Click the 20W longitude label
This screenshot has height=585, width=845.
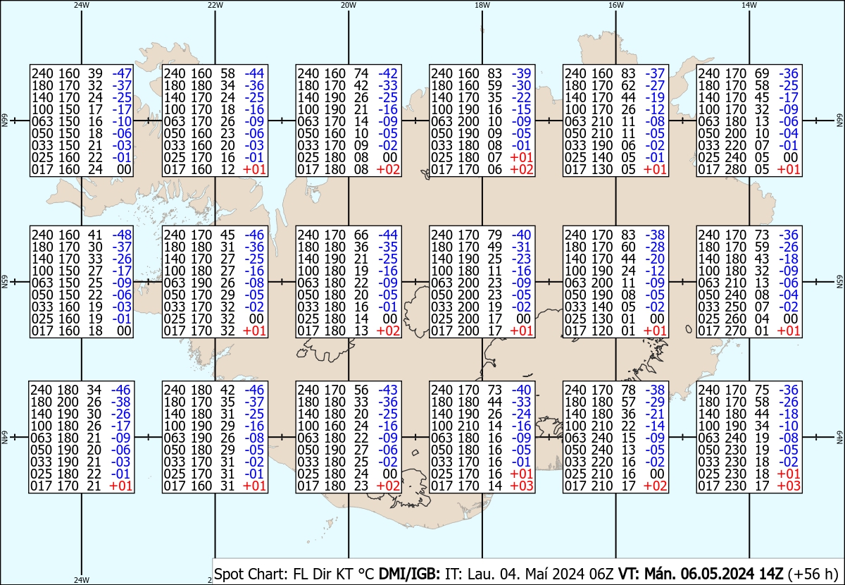(x=348, y=4)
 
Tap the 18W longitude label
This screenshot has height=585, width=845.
(x=482, y=4)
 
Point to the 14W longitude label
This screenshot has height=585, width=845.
(x=749, y=4)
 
